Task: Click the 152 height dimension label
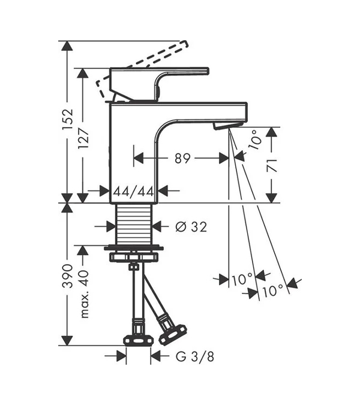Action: [68, 121]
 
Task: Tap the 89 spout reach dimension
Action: [182, 158]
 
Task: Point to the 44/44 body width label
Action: [134, 191]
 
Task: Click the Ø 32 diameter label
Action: [191, 227]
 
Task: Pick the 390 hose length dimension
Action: [68, 276]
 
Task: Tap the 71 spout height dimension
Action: [272, 166]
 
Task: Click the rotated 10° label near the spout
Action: [254, 140]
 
